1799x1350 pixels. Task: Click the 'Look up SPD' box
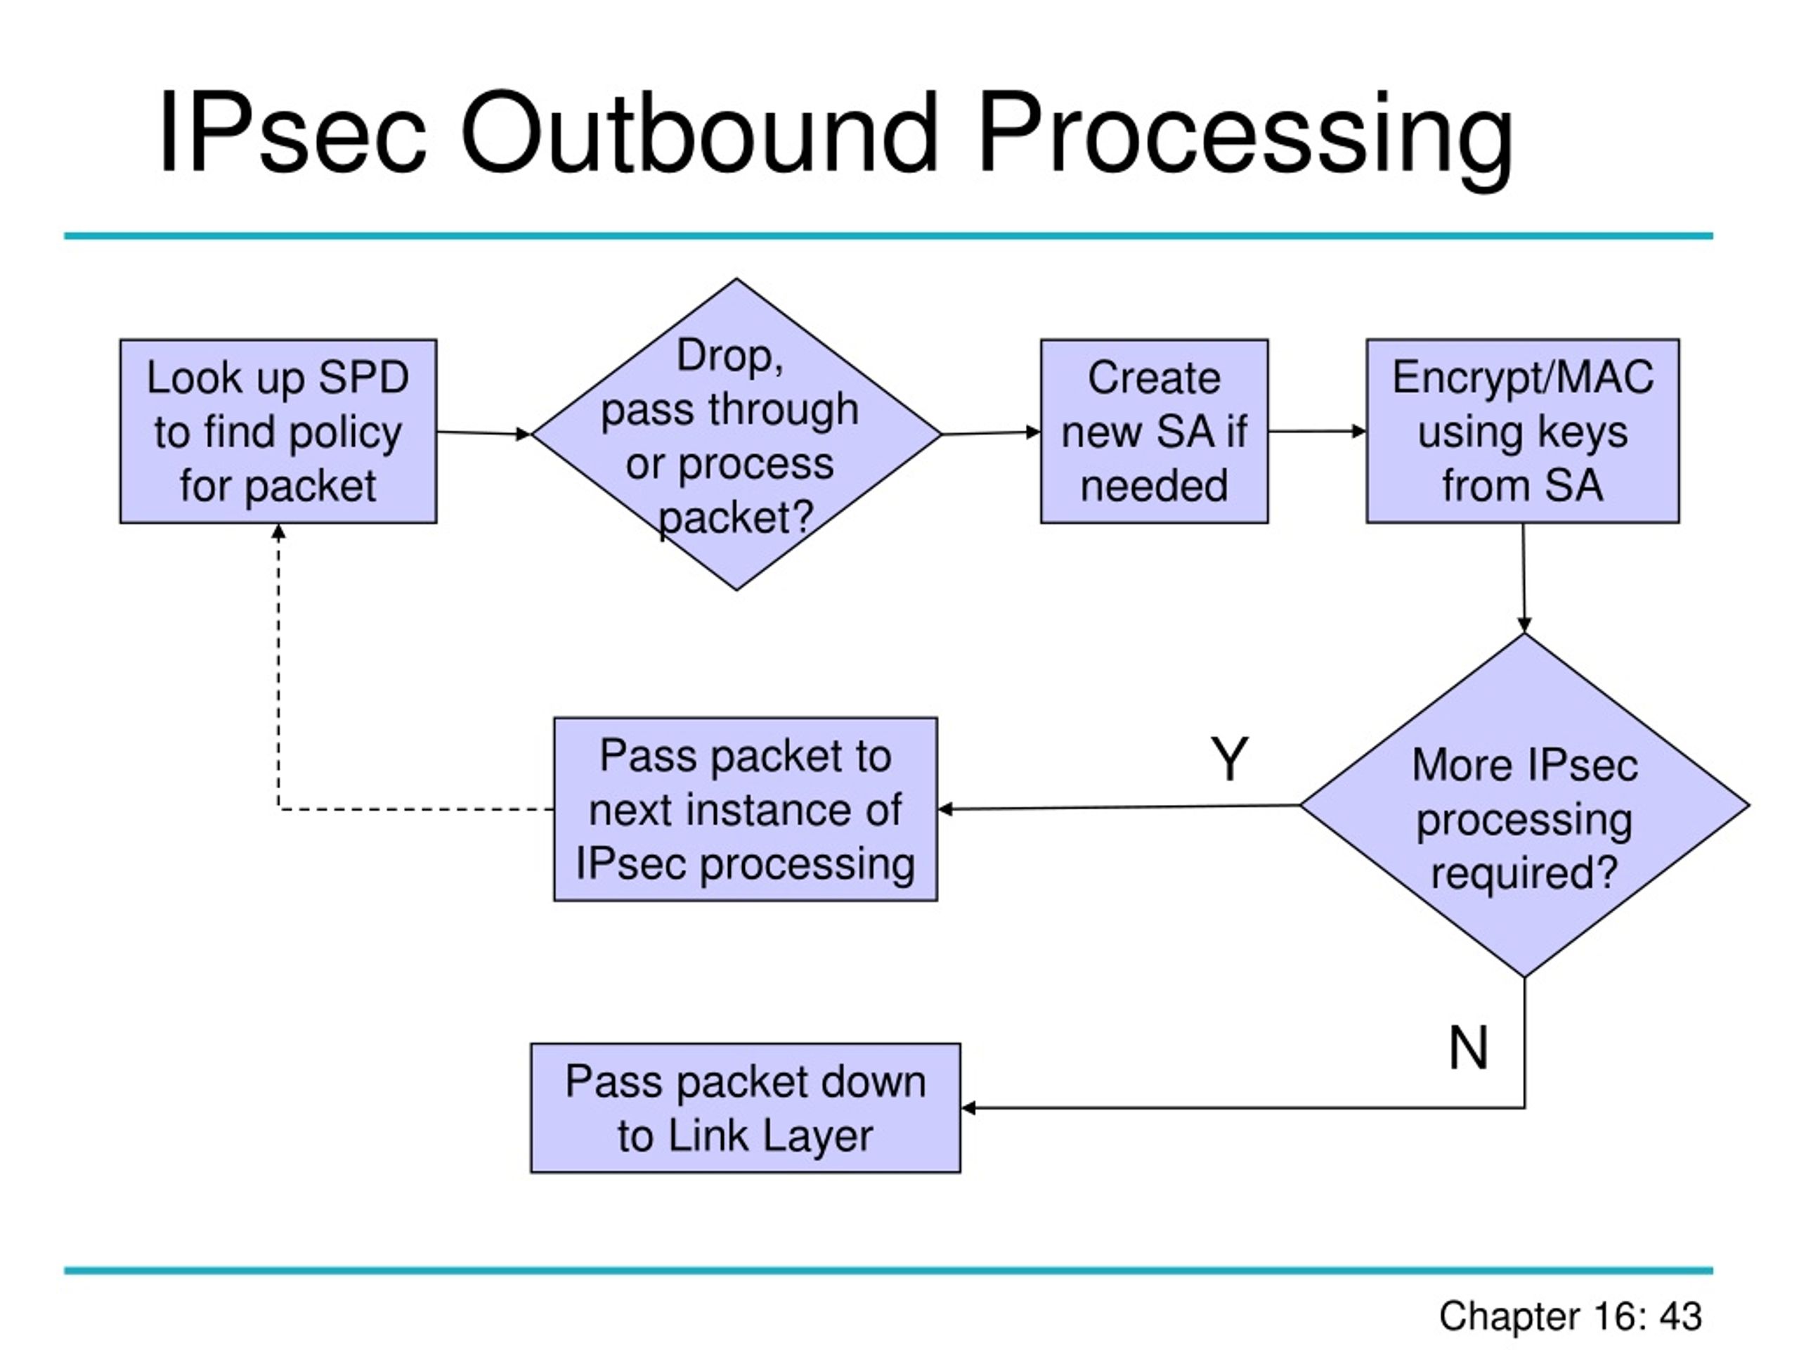pos(278,431)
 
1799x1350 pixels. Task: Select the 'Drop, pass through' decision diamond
pos(737,435)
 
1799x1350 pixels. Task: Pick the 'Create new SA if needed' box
pos(1154,431)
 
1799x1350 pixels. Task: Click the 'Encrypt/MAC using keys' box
pos(1523,431)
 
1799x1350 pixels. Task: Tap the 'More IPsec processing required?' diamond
pos(1525,805)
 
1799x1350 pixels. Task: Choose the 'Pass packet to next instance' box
pos(745,809)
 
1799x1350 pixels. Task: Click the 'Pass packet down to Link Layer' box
pos(745,1107)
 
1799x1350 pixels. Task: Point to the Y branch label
pos(1229,759)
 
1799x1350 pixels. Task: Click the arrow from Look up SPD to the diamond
pos(484,433)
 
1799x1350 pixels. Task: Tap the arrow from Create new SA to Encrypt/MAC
pos(1318,431)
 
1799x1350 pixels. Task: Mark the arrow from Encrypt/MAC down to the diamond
pos(1524,578)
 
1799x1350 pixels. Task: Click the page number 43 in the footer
pos(1680,1316)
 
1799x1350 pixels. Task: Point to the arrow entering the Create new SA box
pos(992,433)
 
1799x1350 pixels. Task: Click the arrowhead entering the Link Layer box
pos(968,1107)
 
